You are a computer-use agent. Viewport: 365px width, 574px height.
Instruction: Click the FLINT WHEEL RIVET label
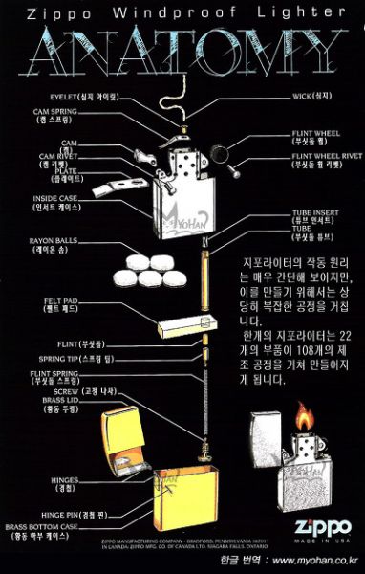coord(313,159)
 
